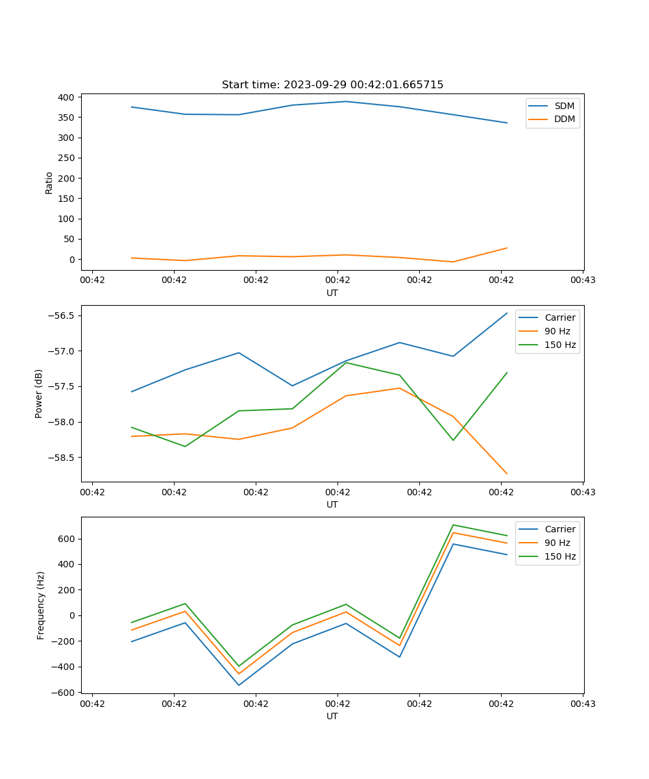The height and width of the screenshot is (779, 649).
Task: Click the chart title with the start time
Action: pos(332,85)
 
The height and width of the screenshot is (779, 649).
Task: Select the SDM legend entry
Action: pos(564,106)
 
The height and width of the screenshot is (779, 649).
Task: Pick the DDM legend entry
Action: pos(564,119)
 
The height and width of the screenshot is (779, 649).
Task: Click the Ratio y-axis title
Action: pos(49,182)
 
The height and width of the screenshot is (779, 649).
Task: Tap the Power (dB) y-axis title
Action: pos(39,393)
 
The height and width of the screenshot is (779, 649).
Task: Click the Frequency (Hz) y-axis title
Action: pos(41,605)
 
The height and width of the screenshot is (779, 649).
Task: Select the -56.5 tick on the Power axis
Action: pos(61,316)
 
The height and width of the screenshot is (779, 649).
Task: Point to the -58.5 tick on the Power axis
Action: pos(61,457)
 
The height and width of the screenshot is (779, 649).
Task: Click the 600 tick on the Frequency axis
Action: pos(67,539)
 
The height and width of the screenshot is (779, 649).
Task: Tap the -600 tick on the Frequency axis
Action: pos(64,692)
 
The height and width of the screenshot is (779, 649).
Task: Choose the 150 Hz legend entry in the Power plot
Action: pos(560,345)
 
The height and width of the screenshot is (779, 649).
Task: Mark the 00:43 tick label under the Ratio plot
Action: pos(583,280)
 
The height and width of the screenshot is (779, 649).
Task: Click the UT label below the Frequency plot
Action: pos(332,716)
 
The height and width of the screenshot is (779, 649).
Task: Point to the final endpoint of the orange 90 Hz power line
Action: pos(507,474)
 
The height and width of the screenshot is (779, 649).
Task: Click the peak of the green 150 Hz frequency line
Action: pos(453,525)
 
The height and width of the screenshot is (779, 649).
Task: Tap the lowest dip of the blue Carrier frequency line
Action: pos(239,685)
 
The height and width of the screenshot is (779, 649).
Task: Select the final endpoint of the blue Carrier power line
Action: pos(507,313)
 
